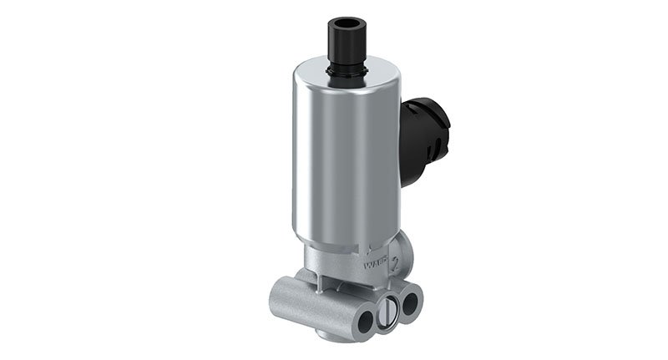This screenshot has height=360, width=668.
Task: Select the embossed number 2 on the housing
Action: [x=399, y=269]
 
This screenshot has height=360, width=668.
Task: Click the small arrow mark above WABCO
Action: [x=367, y=247]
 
